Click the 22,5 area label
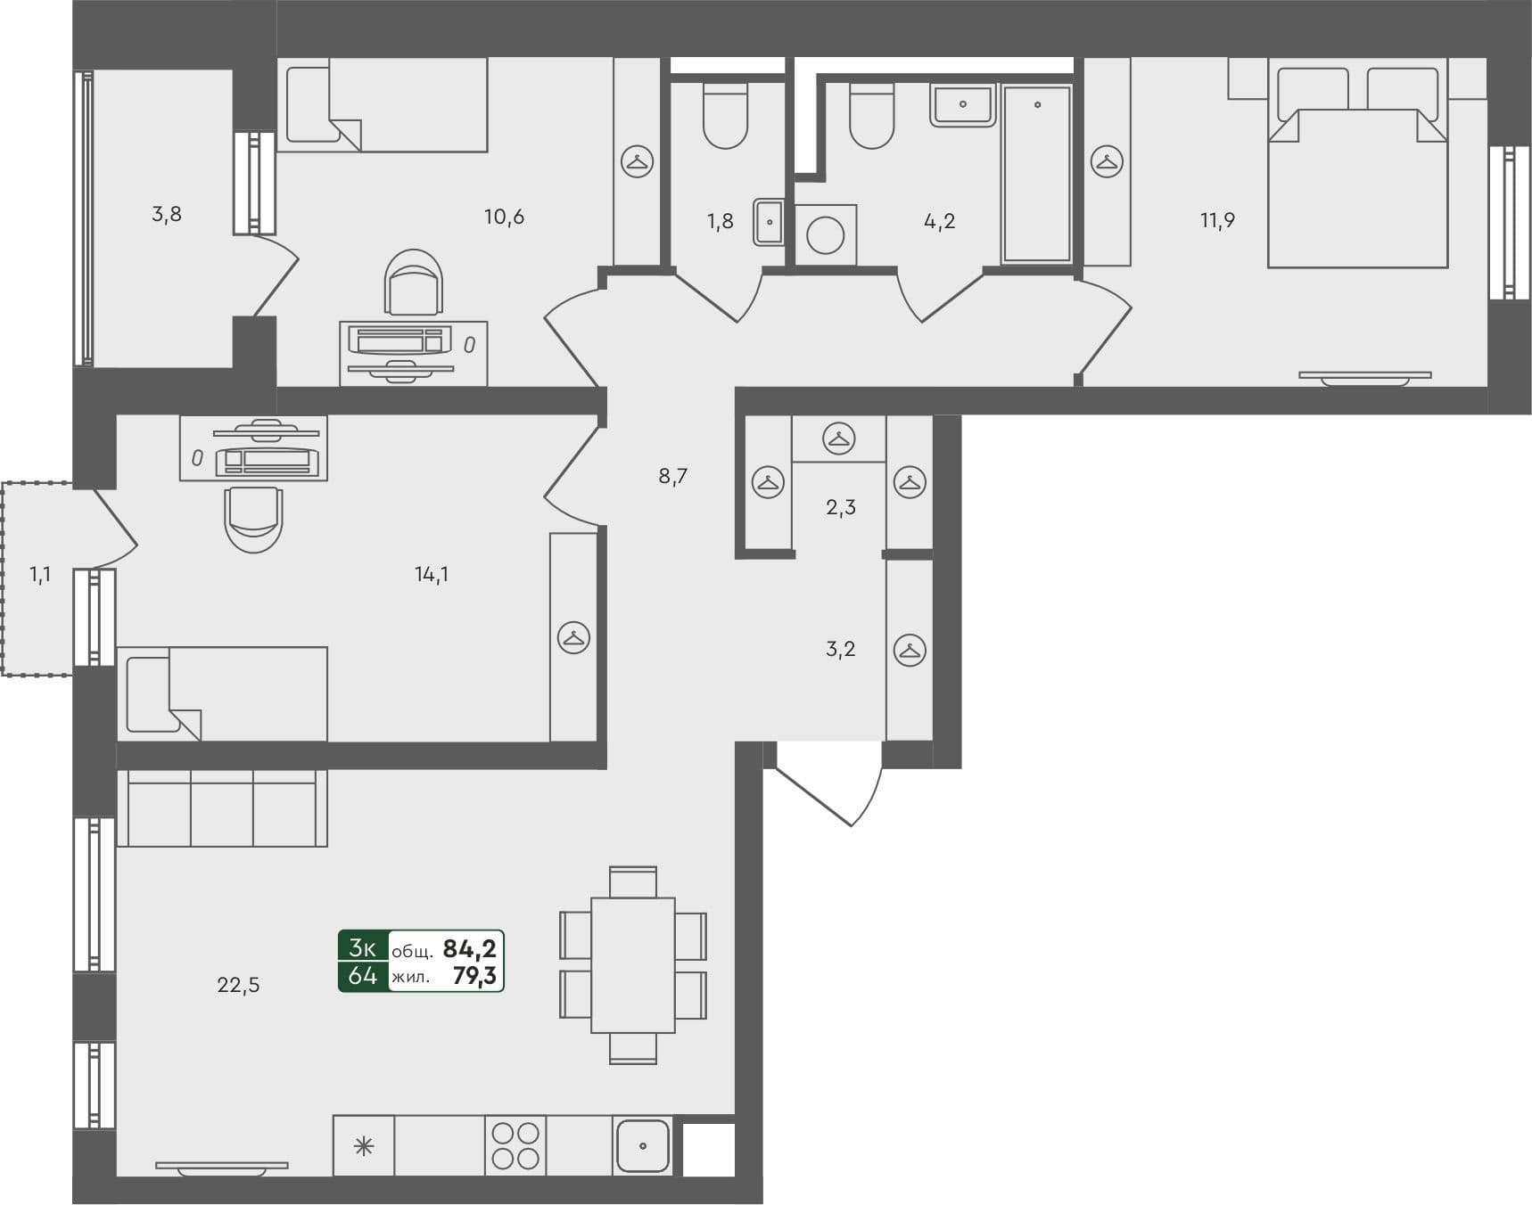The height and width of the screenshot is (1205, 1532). (x=238, y=985)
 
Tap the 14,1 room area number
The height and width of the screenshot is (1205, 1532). (x=432, y=575)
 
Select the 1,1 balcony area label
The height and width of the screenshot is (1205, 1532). (x=40, y=575)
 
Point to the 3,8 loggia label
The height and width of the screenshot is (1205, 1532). (x=167, y=214)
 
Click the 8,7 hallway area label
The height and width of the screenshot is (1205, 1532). (x=673, y=476)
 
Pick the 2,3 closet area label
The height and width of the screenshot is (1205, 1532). (x=841, y=508)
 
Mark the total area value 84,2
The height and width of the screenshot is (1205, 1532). (x=469, y=948)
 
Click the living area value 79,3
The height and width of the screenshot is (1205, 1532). (x=474, y=976)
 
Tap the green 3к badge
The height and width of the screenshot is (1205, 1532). (x=363, y=947)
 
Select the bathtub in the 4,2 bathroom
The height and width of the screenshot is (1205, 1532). (x=1036, y=174)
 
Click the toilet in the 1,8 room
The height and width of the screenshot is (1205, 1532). (x=725, y=117)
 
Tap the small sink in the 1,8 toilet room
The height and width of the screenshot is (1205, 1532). (x=769, y=222)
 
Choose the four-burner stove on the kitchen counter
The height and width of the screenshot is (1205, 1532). (x=515, y=1145)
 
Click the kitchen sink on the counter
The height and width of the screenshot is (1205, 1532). (x=642, y=1145)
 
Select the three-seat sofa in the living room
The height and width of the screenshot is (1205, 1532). (x=222, y=808)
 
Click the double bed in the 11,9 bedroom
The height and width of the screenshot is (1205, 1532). (x=1357, y=178)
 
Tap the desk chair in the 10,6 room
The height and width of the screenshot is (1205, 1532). (x=414, y=282)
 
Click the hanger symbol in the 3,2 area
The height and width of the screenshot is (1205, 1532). (x=910, y=650)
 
